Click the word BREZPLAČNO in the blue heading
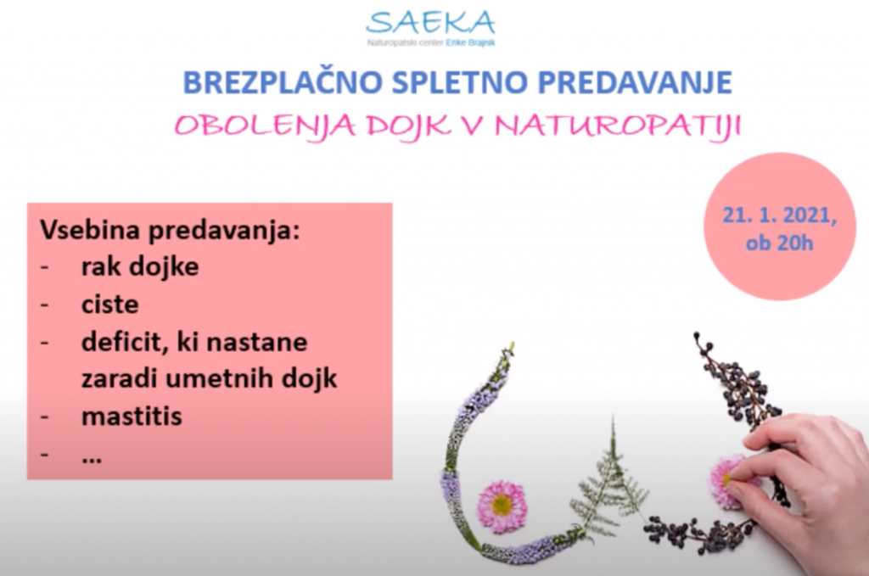click(283, 82)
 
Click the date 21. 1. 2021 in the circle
click(779, 215)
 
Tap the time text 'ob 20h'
click(779, 243)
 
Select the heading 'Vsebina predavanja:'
click(170, 231)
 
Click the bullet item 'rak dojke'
click(140, 267)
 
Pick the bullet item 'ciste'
click(109, 305)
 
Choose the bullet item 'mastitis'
click(132, 417)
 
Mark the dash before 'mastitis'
click(44, 417)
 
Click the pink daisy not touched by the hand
click(502, 506)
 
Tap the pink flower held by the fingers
click(727, 481)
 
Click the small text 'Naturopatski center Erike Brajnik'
click(430, 42)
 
